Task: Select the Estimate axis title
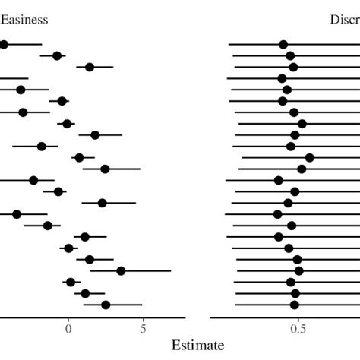[197, 345]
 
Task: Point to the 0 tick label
[68, 329]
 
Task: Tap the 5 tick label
[143, 329]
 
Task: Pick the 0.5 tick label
[298, 329]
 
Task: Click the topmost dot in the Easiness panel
[3, 45]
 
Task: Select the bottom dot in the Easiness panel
[106, 305]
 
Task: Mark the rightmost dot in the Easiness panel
[121, 270]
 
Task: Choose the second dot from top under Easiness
[57, 55]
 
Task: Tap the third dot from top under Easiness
[90, 67]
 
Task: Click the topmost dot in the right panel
[283, 45]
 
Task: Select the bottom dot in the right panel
[295, 305]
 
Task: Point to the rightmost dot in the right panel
[309, 158]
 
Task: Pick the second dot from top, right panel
[290, 55]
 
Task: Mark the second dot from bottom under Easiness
[85, 293]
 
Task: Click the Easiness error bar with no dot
[14, 78]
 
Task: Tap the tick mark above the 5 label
[143, 320]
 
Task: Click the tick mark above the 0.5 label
[298, 320]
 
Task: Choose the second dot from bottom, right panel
[295, 293]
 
